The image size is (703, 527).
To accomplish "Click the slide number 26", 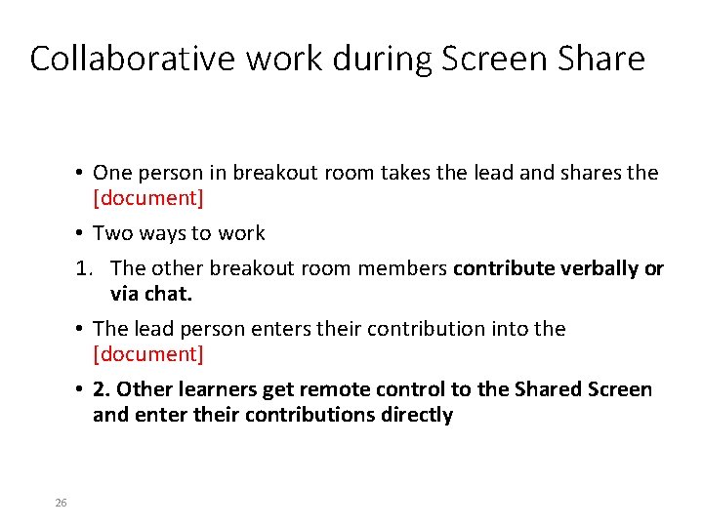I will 61,503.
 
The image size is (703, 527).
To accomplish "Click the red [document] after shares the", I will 148,198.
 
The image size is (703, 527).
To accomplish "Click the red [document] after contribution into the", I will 148,354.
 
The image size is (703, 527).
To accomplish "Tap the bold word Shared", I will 514,390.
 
